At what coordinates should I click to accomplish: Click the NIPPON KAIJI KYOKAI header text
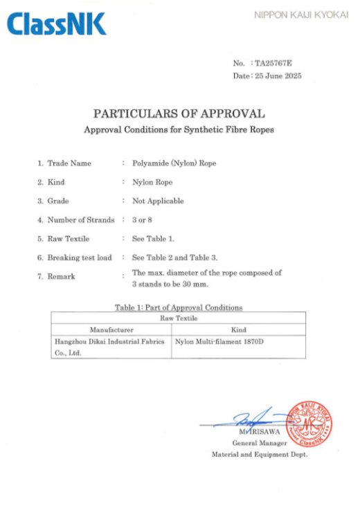[x=300, y=15]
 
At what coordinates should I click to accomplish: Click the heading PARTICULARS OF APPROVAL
[x=179, y=114]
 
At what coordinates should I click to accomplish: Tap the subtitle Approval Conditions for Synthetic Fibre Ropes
[x=179, y=129]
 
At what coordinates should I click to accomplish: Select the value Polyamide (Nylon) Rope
[x=169, y=163]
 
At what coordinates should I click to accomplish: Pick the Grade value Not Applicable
[x=158, y=201]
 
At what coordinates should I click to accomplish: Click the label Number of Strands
[x=80, y=220]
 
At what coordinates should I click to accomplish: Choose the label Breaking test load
[x=79, y=257]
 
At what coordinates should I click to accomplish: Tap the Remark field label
[x=61, y=276]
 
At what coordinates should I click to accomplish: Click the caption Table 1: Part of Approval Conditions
[x=179, y=307]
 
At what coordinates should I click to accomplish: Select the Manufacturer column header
[x=111, y=329]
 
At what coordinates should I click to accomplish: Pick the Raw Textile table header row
[x=179, y=318]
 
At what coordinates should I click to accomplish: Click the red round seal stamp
[x=308, y=423]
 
